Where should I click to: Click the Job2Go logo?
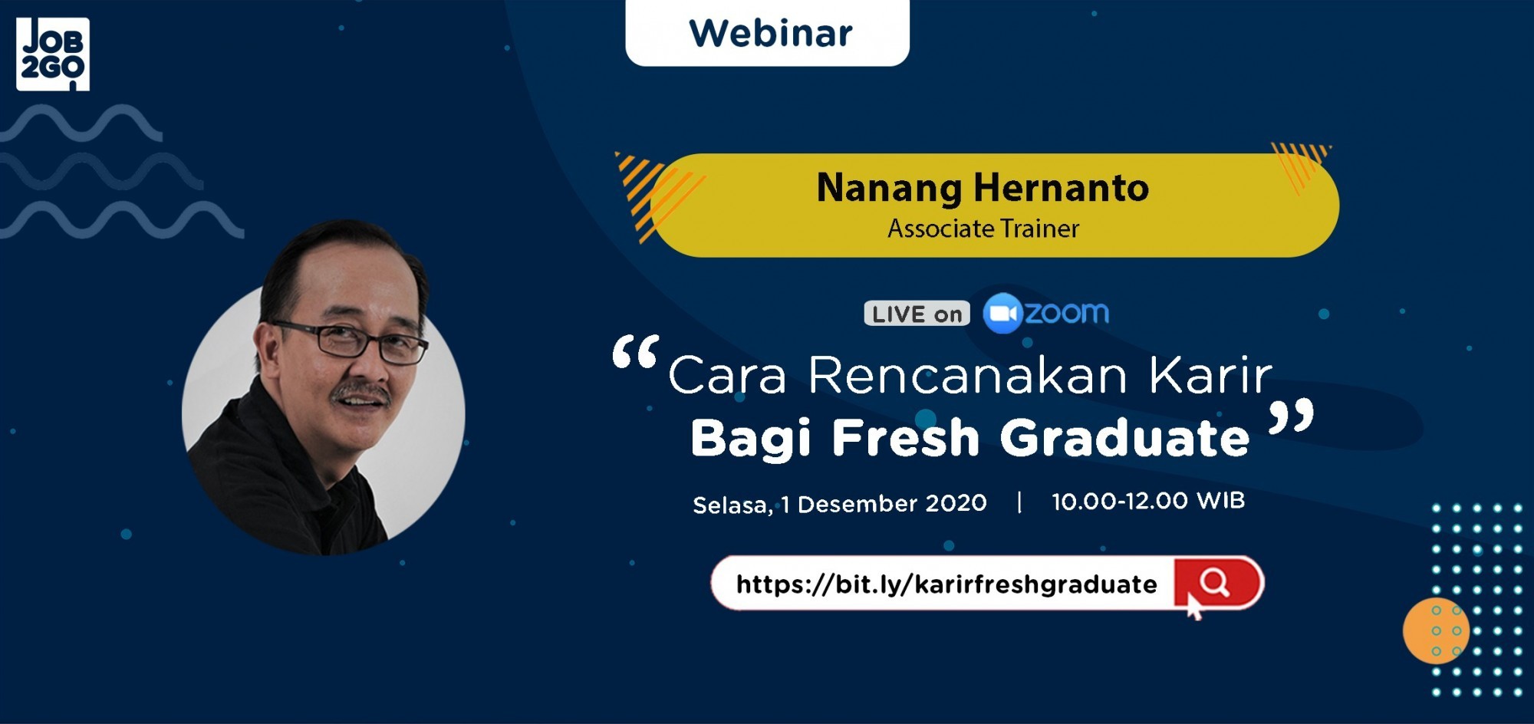click(53, 54)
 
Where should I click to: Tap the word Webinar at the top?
click(770, 34)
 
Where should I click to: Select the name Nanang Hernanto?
click(983, 188)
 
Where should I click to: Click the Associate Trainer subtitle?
click(983, 229)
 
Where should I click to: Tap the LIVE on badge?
click(917, 314)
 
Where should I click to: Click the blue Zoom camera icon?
click(1002, 314)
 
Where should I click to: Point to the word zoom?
click(1067, 313)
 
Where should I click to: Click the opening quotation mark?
click(635, 354)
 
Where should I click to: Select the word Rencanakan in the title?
click(968, 376)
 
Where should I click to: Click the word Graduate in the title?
click(1124, 438)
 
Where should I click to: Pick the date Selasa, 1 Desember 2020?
click(839, 504)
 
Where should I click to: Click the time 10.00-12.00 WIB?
click(1147, 502)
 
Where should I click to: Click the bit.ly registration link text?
click(946, 584)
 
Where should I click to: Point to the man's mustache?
click(360, 393)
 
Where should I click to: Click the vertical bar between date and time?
click(1019, 502)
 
